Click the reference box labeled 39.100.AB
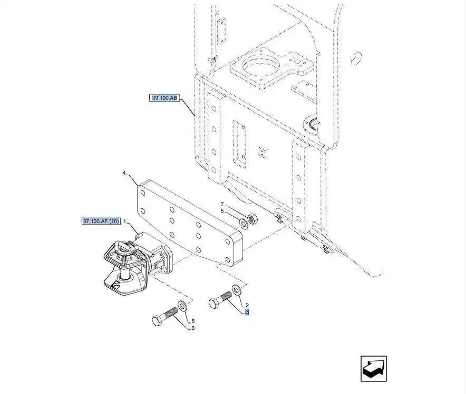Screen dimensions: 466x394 click(x=164, y=98)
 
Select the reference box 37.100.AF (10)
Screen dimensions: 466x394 click(x=101, y=221)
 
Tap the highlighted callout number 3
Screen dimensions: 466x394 click(x=247, y=312)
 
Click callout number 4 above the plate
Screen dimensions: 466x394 click(x=124, y=173)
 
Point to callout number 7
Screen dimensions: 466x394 click(x=222, y=204)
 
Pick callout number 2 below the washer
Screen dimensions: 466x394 click(x=247, y=305)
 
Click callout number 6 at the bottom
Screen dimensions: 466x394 click(x=193, y=328)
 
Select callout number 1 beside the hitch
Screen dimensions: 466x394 click(x=125, y=221)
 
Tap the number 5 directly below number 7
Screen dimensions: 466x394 click(x=222, y=211)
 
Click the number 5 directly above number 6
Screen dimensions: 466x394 click(x=193, y=321)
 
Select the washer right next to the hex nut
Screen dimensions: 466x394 click(x=244, y=223)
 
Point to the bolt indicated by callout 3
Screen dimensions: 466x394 click(x=220, y=299)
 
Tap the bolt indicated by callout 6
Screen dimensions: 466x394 click(x=165, y=316)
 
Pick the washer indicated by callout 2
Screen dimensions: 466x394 click(x=237, y=289)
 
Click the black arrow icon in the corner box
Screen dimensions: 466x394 click(x=374, y=369)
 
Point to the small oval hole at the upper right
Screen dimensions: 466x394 click(x=356, y=58)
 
